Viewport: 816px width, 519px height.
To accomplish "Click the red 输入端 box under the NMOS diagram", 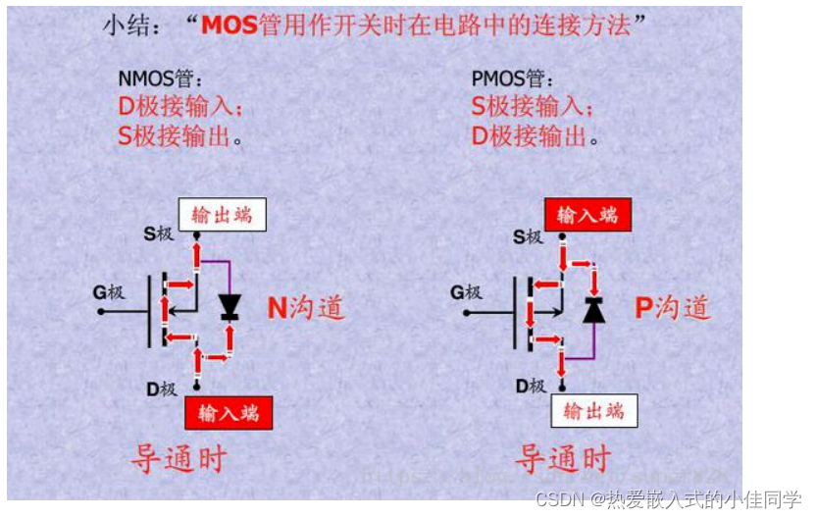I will (x=229, y=412).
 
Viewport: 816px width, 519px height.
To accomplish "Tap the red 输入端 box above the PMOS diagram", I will (x=587, y=215).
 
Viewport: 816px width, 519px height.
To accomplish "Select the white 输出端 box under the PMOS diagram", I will (x=593, y=410).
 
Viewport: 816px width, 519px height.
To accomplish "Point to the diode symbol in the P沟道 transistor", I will (x=593, y=310).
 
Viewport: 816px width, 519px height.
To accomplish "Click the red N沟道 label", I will (x=306, y=308).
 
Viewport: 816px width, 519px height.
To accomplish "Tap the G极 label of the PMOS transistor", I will (x=467, y=292).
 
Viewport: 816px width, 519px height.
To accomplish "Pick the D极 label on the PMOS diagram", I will (x=530, y=387).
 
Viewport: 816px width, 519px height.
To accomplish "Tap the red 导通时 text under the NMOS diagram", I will (x=178, y=458).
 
